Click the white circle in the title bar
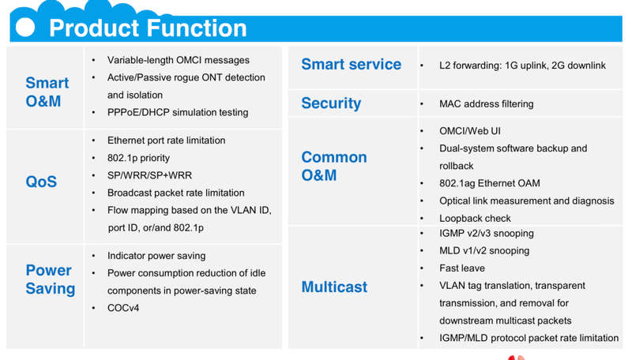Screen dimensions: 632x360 click(25, 28)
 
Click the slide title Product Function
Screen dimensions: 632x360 click(148, 28)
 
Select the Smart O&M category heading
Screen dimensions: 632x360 click(47, 92)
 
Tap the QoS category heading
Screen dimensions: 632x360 click(41, 182)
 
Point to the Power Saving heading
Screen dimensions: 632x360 click(51, 279)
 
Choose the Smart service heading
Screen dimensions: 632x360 click(351, 65)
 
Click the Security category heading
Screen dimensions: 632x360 click(331, 103)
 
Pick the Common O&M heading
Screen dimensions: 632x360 click(334, 166)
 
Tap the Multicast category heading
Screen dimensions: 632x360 click(334, 287)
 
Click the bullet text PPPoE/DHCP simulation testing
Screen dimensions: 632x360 click(178, 112)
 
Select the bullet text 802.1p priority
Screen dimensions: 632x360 click(138, 158)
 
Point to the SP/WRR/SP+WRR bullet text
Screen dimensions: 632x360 click(149, 175)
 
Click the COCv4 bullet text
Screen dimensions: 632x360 click(123, 308)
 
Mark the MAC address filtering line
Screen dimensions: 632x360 click(486, 104)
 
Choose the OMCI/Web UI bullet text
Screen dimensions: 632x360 click(469, 131)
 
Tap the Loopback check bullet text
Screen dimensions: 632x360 click(475, 218)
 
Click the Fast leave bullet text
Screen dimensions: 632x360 click(462, 268)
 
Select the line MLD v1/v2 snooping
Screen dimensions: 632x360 click(484, 250)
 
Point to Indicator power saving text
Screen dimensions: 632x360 click(156, 256)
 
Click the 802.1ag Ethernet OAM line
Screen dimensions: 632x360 click(489, 183)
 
